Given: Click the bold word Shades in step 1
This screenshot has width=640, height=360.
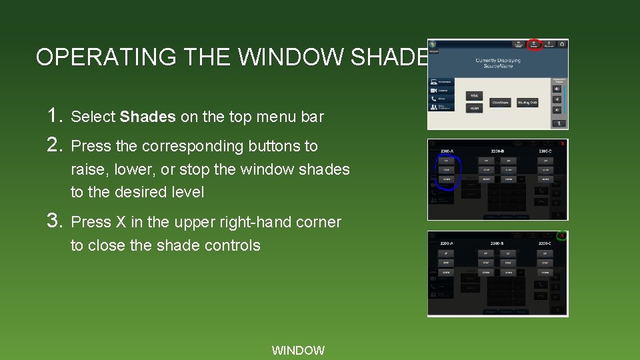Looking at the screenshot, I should tap(147, 117).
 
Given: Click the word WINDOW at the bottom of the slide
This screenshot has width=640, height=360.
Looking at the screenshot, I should tap(298, 350).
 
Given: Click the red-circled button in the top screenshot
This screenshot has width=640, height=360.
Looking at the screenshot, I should tap(534, 45).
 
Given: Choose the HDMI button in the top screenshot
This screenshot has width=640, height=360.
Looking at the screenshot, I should tap(473, 108).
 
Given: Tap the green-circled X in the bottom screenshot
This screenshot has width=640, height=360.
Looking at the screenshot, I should tap(562, 236).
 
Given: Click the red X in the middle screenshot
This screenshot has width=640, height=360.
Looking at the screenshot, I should tap(563, 144).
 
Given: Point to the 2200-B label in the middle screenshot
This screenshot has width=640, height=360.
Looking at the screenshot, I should tap(498, 151).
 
